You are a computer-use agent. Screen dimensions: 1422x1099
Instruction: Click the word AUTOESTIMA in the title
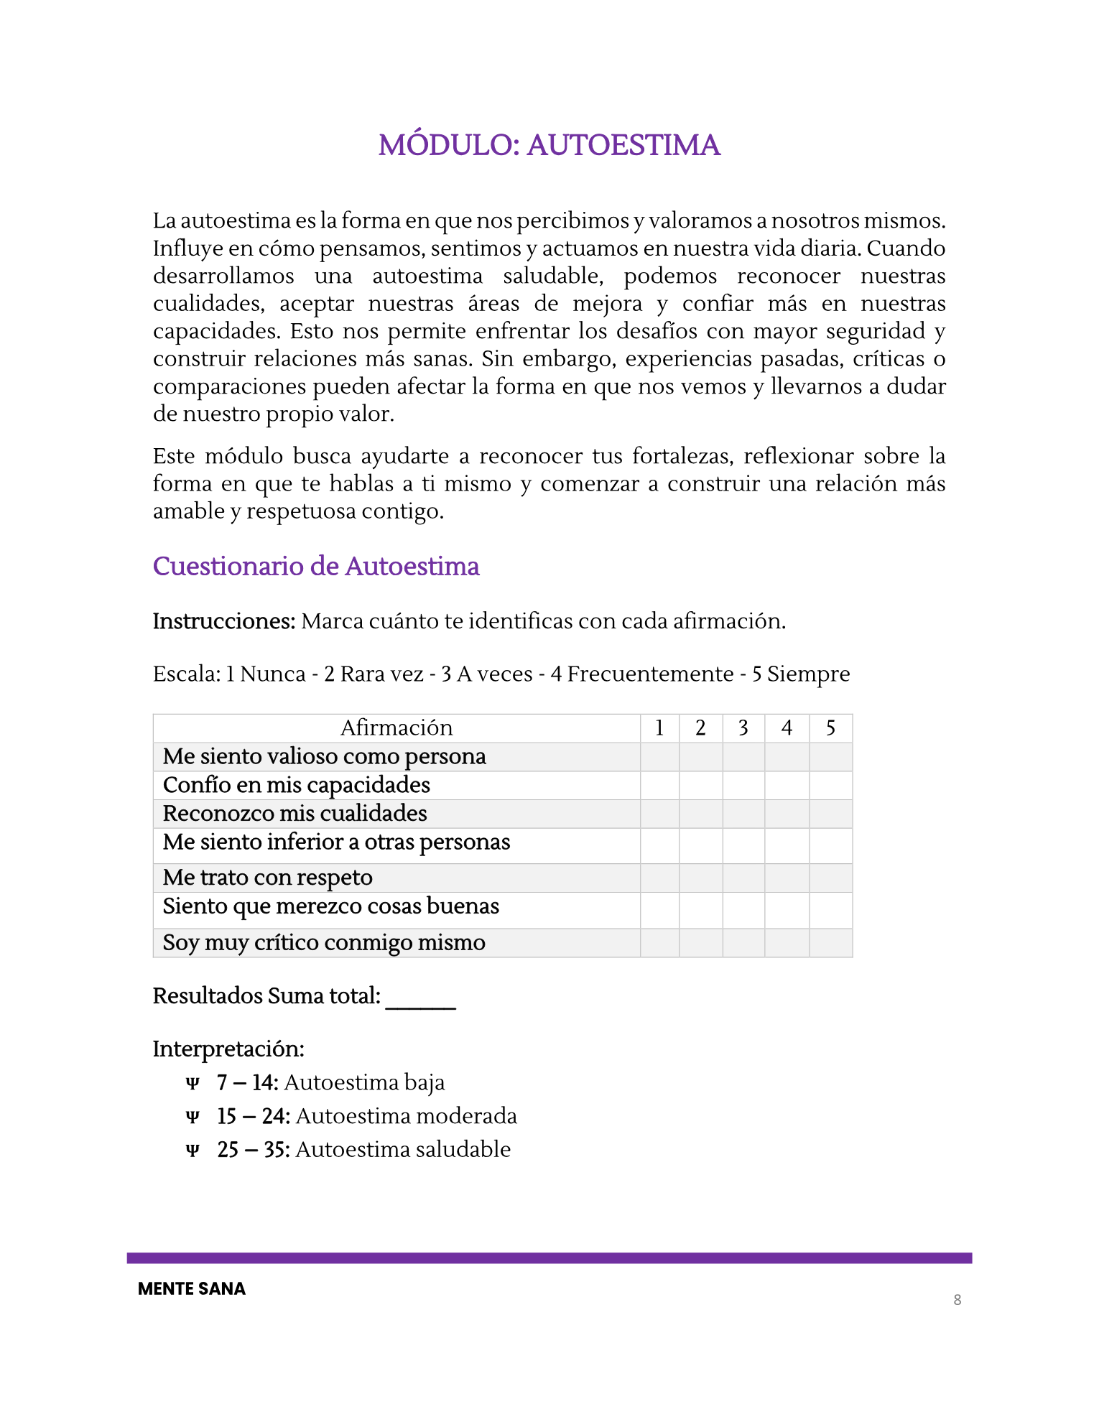pyautogui.click(x=623, y=145)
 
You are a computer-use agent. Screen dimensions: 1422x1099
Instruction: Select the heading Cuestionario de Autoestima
pyautogui.click(x=315, y=566)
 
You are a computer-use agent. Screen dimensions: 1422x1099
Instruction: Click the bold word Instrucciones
pyautogui.click(x=223, y=621)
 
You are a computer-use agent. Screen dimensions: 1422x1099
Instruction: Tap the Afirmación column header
pyautogui.click(x=397, y=728)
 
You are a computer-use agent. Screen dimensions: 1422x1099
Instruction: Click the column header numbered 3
pyautogui.click(x=743, y=728)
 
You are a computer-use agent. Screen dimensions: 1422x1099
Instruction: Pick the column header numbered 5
pyautogui.click(x=830, y=728)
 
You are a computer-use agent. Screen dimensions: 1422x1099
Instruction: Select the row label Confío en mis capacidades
pyautogui.click(x=296, y=785)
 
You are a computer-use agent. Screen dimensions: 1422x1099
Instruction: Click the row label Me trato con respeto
pyautogui.click(x=267, y=878)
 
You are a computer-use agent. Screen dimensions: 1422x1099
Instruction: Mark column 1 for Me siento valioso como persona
pyautogui.click(x=659, y=757)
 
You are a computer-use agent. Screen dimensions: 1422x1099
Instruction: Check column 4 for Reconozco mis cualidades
pyautogui.click(x=787, y=814)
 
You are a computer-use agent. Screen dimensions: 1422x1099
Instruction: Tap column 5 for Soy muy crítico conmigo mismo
pyautogui.click(x=830, y=943)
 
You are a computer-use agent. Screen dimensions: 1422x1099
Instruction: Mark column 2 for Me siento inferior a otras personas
pyautogui.click(x=700, y=846)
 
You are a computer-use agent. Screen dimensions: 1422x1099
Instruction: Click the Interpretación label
pyautogui.click(x=228, y=1049)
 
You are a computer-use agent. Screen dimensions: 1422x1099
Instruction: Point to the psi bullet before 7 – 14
pyautogui.click(x=192, y=1083)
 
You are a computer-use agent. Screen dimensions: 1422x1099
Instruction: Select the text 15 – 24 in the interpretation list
pyautogui.click(x=253, y=1116)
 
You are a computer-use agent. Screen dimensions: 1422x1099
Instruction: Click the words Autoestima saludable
pyautogui.click(x=402, y=1149)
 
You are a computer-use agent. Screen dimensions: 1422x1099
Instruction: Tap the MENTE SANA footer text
pyautogui.click(x=191, y=1288)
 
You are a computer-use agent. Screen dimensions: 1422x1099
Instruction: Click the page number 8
pyautogui.click(x=957, y=1299)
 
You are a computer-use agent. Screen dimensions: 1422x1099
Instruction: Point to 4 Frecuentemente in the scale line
pyautogui.click(x=641, y=674)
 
